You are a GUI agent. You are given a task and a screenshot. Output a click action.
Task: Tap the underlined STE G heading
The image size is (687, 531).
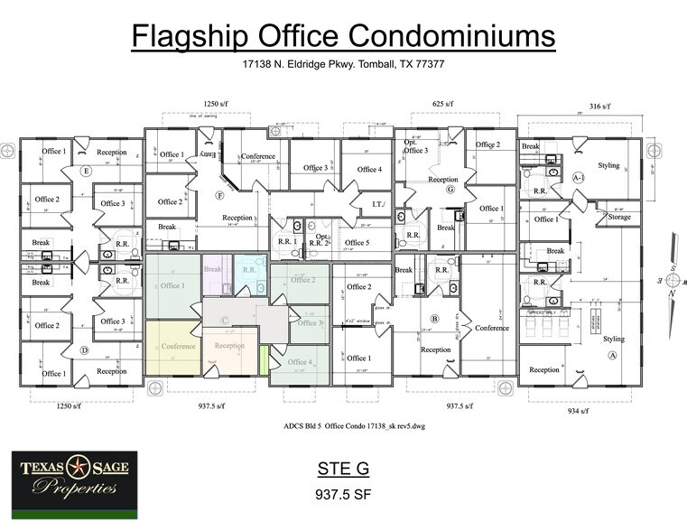coord(342,470)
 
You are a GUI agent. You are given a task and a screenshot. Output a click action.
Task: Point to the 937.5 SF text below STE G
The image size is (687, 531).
coord(342,495)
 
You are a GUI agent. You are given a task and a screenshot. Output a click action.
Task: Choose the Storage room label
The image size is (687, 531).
coord(619,217)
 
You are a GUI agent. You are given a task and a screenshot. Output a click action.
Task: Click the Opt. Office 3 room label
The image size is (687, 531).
coord(416,146)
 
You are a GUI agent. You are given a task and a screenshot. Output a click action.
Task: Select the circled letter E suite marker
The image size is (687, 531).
coord(86,171)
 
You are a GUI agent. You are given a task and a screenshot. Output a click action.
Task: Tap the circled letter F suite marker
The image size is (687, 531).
coord(219,195)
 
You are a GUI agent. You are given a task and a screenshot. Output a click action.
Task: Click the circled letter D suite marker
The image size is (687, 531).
coord(86,349)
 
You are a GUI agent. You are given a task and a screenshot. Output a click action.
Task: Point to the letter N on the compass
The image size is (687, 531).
coord(670,293)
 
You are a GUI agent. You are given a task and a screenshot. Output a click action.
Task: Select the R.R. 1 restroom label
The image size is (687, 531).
coord(287,242)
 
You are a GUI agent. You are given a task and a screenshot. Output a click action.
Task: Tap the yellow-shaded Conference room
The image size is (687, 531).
coord(178,347)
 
